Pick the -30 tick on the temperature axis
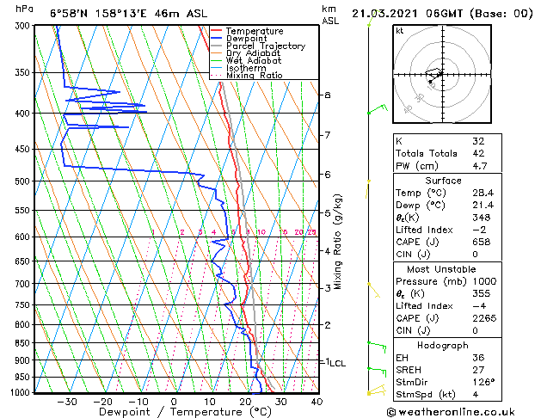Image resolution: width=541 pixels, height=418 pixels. click(x=66, y=402)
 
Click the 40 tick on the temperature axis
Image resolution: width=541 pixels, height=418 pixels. click(x=317, y=402)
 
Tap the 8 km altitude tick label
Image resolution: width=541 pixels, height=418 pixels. click(x=327, y=95)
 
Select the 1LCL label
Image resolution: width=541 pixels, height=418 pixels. click(x=333, y=363)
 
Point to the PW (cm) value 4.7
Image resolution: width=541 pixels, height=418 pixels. click(x=479, y=166)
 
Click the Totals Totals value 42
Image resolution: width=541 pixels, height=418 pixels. click(x=479, y=153)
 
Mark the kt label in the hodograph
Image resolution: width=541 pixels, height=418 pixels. click(x=399, y=30)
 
